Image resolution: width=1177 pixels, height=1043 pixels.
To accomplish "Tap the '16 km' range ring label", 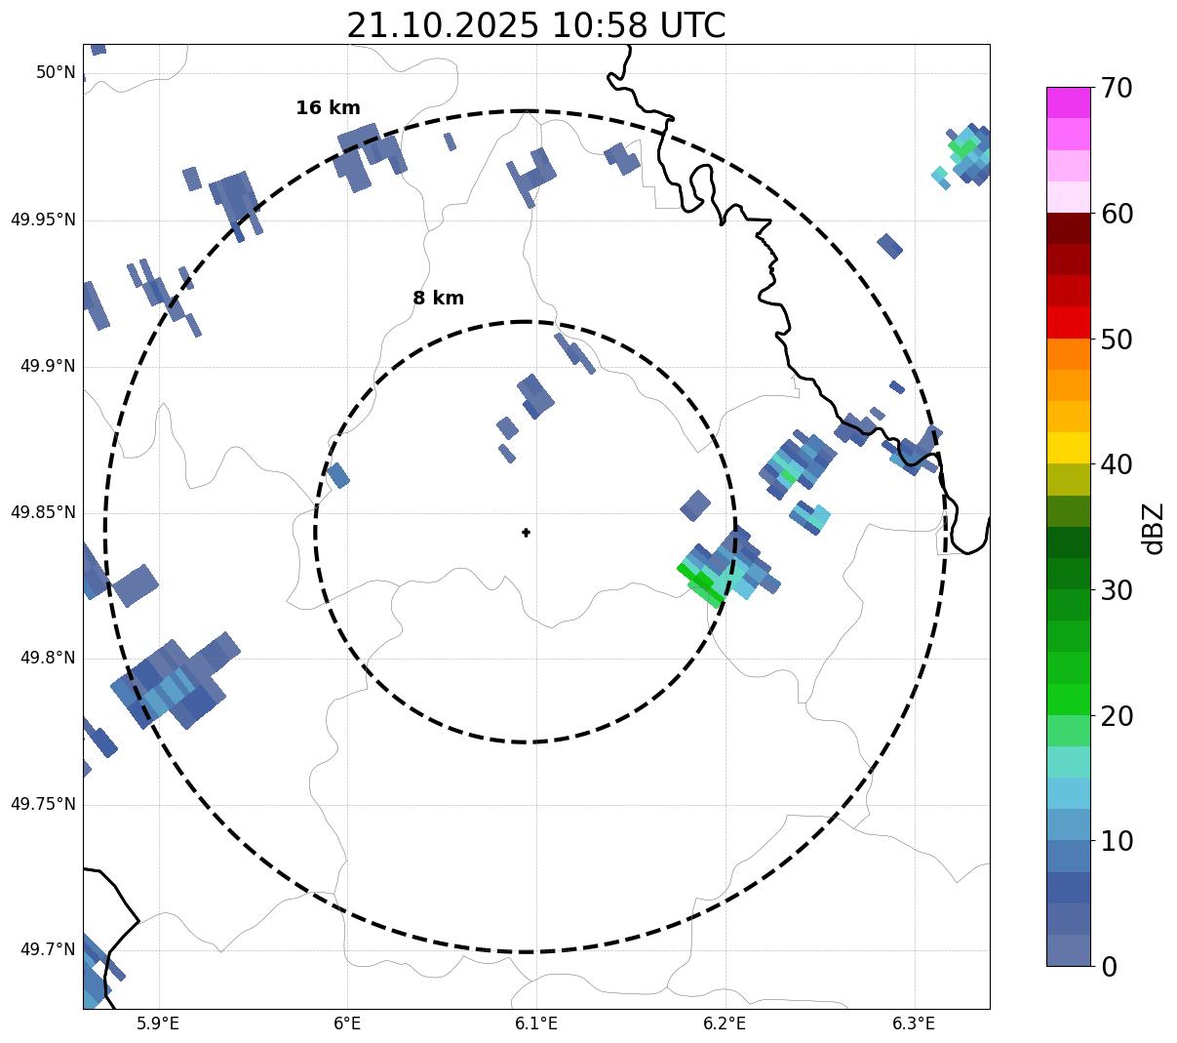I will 328,108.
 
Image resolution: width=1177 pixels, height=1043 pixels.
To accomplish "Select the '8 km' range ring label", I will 438,299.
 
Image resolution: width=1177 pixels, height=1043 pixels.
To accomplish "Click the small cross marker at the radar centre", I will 526,533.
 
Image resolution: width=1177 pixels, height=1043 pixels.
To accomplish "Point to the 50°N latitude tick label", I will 56,72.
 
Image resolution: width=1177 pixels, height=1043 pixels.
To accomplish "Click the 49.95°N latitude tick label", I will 43,220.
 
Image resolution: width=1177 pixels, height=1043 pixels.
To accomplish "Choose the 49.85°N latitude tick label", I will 43,512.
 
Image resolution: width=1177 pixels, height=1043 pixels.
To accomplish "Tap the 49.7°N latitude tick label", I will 47,950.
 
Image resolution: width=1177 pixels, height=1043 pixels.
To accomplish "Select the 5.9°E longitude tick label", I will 158,1023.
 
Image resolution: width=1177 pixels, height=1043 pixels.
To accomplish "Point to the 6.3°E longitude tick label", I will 914,1023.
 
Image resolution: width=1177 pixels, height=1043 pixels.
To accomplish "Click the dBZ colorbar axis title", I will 1154,528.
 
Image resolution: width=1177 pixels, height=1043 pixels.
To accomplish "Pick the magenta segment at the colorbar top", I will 1068,102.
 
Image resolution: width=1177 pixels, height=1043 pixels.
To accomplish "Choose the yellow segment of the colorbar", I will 1068,448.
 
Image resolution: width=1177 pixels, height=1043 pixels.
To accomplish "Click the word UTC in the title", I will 691,25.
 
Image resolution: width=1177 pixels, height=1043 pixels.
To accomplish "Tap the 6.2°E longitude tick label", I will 725,1023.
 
